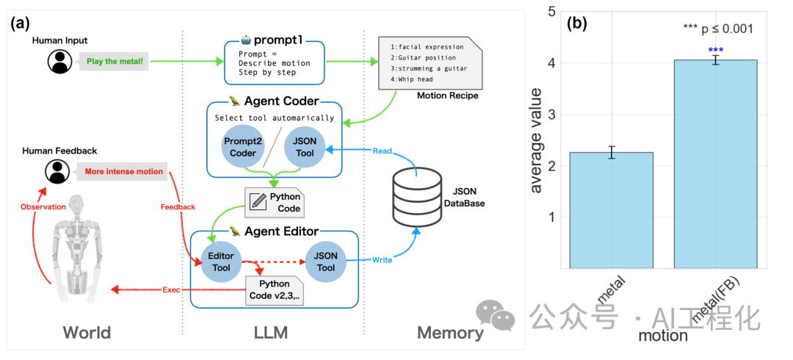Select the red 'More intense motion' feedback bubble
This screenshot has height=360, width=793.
click(x=123, y=172)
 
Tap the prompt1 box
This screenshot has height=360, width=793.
click(x=274, y=62)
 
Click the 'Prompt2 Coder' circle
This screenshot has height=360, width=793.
click(x=241, y=147)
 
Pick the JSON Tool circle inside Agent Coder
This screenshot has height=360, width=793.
click(x=305, y=147)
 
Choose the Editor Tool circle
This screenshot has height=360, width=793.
click(x=221, y=262)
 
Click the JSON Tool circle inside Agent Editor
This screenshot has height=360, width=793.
click(x=325, y=262)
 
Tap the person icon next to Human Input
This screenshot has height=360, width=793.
click(x=59, y=62)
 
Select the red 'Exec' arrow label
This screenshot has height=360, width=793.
click(x=171, y=290)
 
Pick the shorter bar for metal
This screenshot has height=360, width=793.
click(x=612, y=210)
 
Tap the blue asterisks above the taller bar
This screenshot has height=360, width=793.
click(x=715, y=50)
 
